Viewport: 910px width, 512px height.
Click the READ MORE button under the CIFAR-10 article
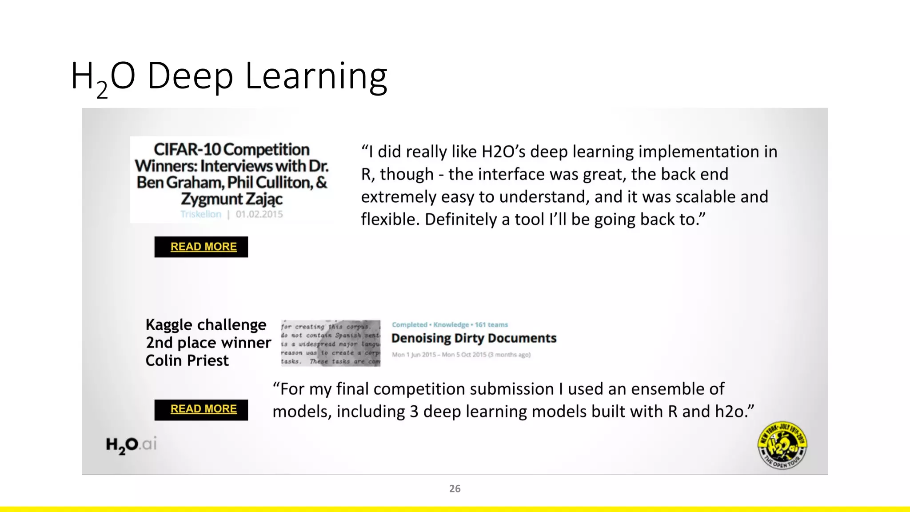201,247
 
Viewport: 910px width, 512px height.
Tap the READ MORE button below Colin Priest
201,409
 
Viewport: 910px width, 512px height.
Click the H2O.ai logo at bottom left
131,445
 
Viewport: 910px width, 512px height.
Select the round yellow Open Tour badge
782,445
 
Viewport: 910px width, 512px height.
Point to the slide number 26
455,488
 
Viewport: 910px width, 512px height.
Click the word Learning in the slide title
316,76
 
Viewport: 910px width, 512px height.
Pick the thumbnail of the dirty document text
330,343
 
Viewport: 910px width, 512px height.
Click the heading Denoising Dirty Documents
474,338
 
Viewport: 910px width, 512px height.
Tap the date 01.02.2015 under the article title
259,214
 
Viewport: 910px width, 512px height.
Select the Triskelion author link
201,214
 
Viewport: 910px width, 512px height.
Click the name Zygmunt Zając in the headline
231,199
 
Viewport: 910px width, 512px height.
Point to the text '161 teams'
491,325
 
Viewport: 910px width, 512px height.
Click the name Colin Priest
187,360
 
